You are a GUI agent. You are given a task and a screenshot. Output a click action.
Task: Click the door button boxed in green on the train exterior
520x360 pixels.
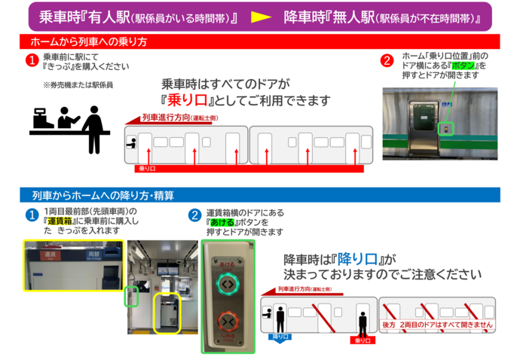[x=446, y=129]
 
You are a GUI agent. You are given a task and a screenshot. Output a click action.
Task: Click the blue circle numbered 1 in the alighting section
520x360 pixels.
[x=32, y=215]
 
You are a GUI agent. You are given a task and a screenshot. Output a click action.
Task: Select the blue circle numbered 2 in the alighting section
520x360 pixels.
[x=194, y=215]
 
